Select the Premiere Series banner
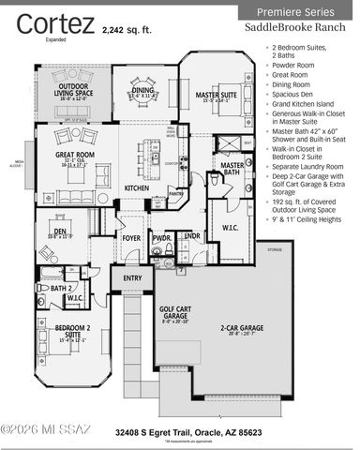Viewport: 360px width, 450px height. click(295, 12)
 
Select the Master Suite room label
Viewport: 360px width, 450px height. click(214, 95)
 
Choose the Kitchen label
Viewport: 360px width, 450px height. click(137, 188)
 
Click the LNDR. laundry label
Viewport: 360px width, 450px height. click(191, 236)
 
